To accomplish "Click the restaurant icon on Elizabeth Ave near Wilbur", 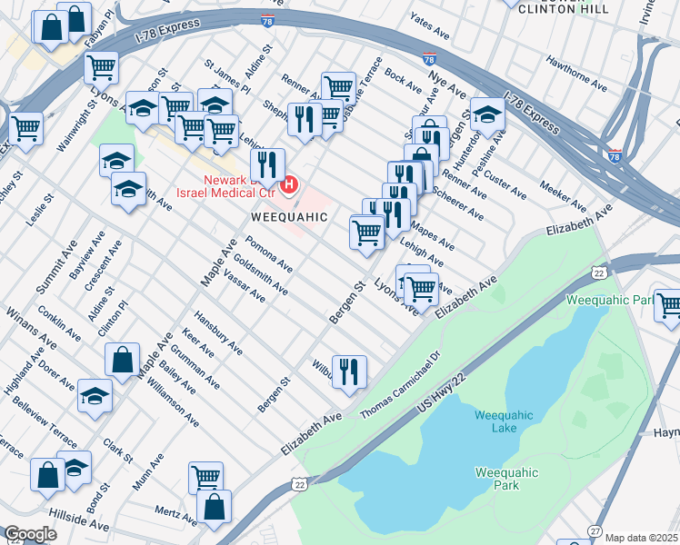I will pyautogui.click(x=349, y=372).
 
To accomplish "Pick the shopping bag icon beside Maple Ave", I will pyautogui.click(x=122, y=360).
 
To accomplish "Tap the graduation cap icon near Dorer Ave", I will pyautogui.click(x=95, y=397).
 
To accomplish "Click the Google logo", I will pyautogui.click(x=30, y=533).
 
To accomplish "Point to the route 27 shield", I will pyautogui.click(x=595, y=530).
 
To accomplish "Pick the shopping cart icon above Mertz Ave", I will pyautogui.click(x=206, y=475).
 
